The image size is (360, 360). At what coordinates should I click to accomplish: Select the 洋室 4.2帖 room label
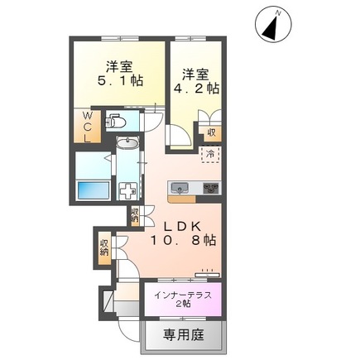coord(195,79)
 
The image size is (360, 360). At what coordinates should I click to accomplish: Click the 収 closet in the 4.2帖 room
coord(213,131)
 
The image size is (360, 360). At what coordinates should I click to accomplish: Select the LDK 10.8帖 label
coord(183,233)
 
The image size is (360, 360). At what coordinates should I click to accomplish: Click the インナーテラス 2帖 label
coord(180,299)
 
